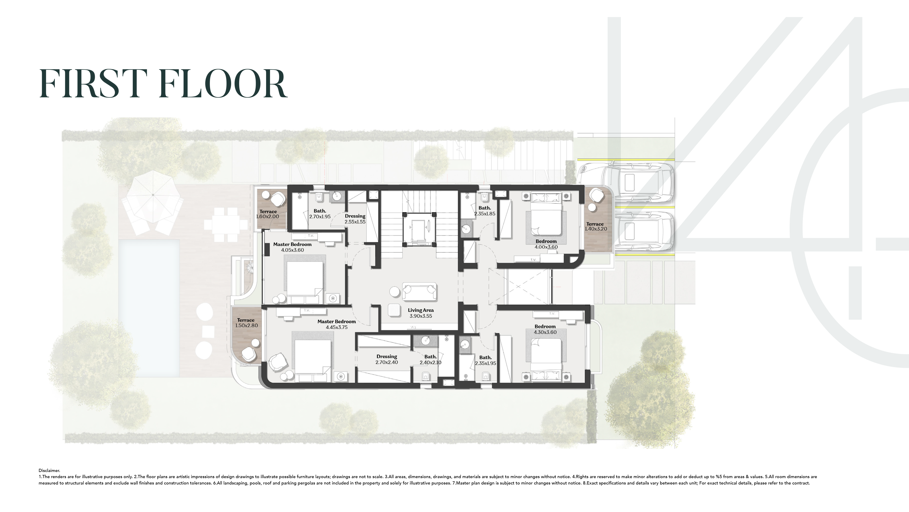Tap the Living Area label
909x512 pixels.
point(421,313)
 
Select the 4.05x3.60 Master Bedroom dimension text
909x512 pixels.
point(292,250)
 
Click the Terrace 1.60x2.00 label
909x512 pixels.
point(268,214)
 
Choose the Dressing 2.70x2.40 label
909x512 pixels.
point(387,359)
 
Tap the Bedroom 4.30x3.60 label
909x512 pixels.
point(545,329)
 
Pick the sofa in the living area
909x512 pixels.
point(419,292)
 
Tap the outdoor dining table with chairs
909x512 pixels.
point(226,224)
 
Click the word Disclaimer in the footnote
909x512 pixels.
point(49,470)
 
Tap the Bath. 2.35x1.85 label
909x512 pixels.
point(485,211)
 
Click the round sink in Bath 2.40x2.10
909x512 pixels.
point(426,341)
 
